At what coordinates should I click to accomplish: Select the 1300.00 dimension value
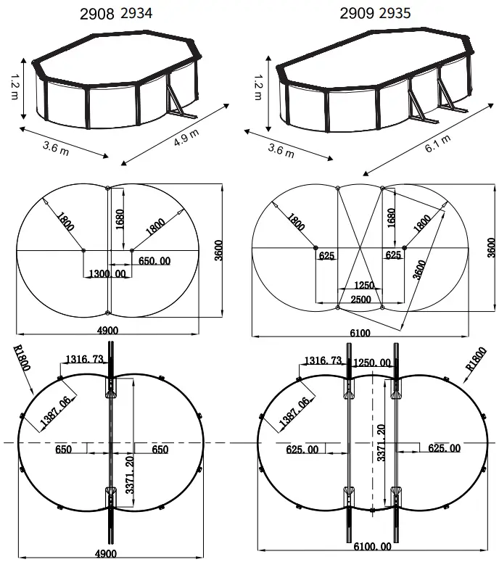[107, 273]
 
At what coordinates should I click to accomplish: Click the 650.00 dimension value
[155, 261]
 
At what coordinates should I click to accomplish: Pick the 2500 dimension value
[360, 299]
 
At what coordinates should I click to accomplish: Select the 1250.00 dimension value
[371, 363]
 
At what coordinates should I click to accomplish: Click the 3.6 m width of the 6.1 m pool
[281, 150]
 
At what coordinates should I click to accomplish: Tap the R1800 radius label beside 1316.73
[22, 360]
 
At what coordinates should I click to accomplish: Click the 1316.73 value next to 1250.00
[323, 361]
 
